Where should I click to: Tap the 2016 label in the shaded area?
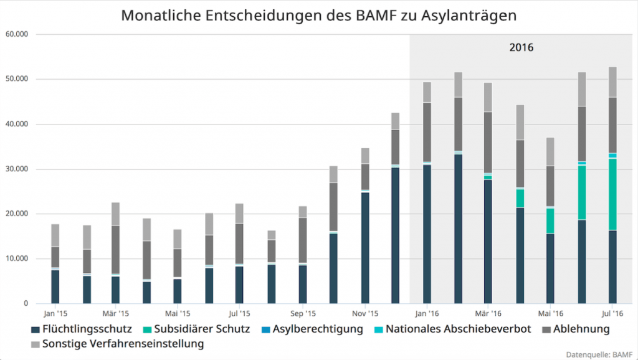[521, 47]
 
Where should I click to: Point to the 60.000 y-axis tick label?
[17, 34]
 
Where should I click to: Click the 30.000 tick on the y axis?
[17, 169]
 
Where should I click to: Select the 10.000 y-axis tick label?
[17, 258]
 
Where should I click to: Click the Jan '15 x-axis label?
[55, 313]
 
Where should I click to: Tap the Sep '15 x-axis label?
[303, 313]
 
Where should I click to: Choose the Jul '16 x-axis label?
[612, 313]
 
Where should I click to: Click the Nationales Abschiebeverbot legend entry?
[452, 329]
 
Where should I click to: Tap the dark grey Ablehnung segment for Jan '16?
[427, 132]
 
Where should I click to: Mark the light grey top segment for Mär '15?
[116, 214]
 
